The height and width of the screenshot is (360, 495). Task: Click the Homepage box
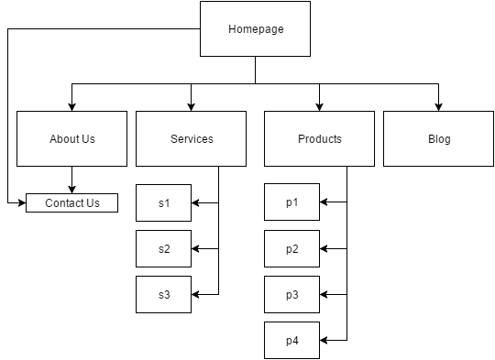pos(255,29)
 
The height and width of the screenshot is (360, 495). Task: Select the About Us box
pos(71,139)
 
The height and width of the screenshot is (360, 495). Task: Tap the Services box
pos(191,139)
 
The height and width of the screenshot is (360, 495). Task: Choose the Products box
pos(319,139)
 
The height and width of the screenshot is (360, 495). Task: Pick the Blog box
pos(438,139)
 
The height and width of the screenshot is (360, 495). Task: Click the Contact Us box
pos(71,203)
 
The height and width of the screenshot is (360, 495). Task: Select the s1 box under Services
pos(163,203)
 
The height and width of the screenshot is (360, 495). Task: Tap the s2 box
pos(163,249)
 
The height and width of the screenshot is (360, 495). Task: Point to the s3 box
pos(163,295)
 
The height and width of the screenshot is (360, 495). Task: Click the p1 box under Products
pos(291,203)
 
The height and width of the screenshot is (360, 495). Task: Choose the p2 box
pos(291,249)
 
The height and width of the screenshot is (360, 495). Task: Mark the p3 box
pos(291,295)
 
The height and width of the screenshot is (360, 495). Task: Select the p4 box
pos(291,341)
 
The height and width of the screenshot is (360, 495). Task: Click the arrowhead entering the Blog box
pos(438,106)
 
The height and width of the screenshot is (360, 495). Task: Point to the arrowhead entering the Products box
pos(319,106)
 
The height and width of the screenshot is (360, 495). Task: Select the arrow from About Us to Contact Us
pos(71,180)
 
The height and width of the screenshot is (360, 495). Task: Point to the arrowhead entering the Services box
pos(191,106)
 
